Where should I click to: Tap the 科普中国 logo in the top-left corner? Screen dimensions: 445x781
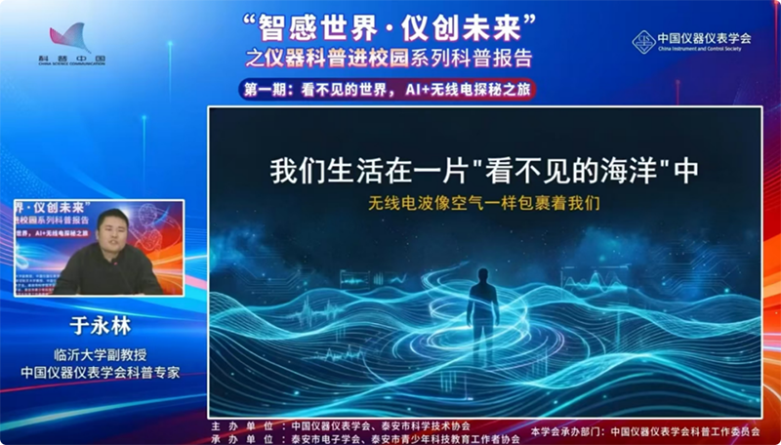[74, 44]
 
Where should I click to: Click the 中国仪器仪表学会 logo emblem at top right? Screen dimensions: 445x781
[642, 41]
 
